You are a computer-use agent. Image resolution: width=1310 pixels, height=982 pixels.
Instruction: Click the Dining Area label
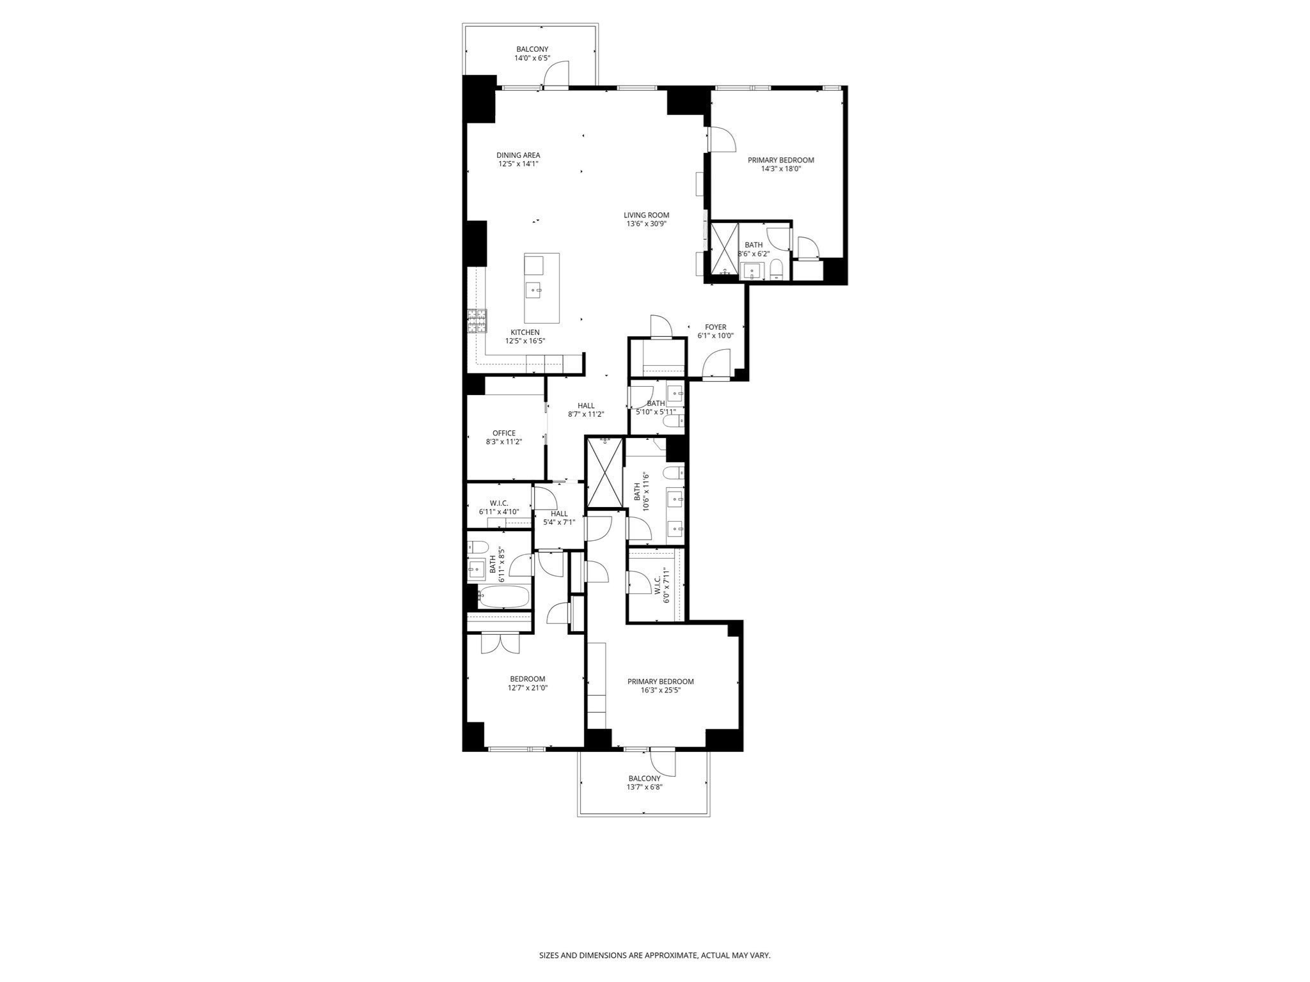click(x=518, y=155)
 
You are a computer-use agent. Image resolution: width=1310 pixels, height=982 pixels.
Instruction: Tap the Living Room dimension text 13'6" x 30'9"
click(x=646, y=224)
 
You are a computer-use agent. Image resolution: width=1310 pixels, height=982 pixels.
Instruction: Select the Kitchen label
click(x=525, y=332)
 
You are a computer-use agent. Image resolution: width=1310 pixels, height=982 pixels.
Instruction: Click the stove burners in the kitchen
click(x=477, y=321)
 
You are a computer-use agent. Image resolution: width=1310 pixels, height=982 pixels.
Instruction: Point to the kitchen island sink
click(x=534, y=291)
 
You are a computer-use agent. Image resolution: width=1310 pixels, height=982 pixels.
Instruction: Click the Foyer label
click(x=715, y=327)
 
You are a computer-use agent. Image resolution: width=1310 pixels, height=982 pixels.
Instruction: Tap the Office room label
click(x=503, y=433)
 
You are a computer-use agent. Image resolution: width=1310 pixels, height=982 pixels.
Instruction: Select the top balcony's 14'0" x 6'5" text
click(x=532, y=58)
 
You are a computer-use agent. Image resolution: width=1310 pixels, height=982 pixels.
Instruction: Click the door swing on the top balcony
click(x=556, y=73)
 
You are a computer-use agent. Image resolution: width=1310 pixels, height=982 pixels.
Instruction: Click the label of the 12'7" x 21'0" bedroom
click(x=527, y=679)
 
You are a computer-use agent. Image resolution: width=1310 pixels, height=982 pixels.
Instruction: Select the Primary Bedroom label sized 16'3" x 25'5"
click(x=660, y=682)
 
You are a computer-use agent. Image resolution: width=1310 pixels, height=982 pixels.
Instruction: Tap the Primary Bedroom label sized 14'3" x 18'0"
click(x=780, y=160)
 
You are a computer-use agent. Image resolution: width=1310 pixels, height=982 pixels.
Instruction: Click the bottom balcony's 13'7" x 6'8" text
click(x=644, y=787)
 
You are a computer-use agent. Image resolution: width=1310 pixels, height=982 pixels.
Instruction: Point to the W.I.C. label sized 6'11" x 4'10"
click(x=498, y=503)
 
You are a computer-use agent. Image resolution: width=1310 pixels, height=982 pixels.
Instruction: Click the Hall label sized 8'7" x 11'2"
click(x=585, y=406)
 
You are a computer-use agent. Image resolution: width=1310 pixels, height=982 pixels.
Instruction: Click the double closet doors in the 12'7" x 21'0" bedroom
click(x=500, y=643)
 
